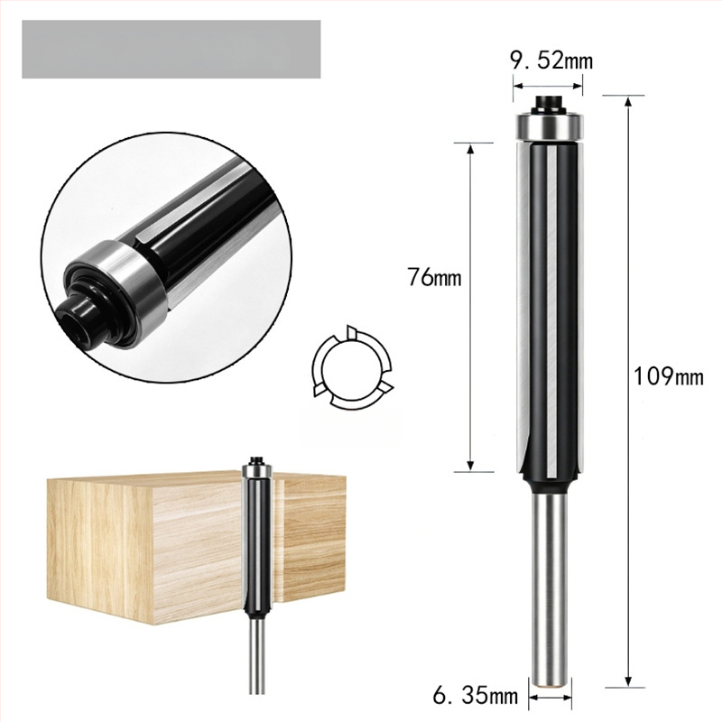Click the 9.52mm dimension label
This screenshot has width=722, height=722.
(551, 60)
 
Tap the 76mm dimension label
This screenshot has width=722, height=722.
(434, 277)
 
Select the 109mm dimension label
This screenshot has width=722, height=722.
(669, 376)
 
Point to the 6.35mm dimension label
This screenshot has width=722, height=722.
(476, 695)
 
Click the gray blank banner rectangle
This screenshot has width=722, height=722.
(171, 50)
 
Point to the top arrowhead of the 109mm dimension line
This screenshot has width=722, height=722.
(627, 100)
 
